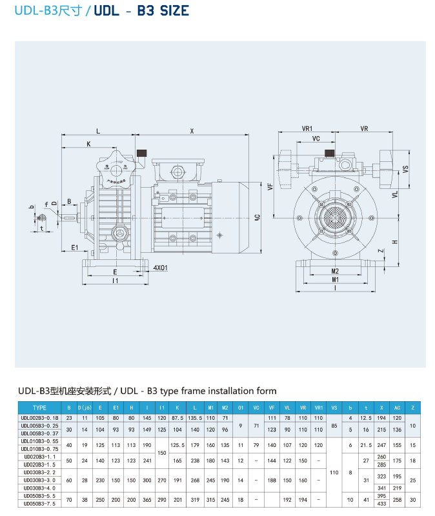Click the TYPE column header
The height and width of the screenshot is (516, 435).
coord(40,408)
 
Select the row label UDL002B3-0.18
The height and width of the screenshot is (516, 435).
coord(40,419)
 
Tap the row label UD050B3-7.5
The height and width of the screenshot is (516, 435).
coord(40,504)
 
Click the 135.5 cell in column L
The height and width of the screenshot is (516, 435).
coord(195,419)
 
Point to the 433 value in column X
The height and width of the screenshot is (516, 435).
coord(381,504)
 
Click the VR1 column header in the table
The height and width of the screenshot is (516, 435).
coord(318,408)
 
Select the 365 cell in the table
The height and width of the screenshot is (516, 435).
coord(147,499)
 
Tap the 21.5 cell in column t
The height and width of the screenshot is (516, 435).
coord(365,445)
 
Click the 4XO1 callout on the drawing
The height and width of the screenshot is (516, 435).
coord(161,267)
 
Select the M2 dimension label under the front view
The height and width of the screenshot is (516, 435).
coord(334,271)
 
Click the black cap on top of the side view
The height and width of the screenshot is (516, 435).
coord(141,154)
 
